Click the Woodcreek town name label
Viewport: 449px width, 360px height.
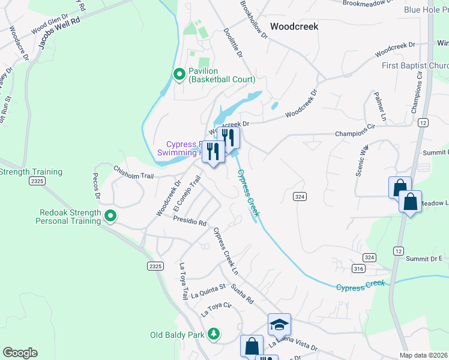(x=294, y=26)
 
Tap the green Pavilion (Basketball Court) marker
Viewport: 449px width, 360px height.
(x=179, y=74)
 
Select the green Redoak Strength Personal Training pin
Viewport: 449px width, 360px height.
(x=110, y=215)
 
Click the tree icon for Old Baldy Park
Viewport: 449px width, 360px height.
(x=213, y=334)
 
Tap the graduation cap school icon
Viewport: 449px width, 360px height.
(x=279, y=325)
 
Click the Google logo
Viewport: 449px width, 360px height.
(x=20, y=353)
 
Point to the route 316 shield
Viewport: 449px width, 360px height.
(x=359, y=268)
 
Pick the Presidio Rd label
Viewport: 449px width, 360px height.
(x=189, y=221)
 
